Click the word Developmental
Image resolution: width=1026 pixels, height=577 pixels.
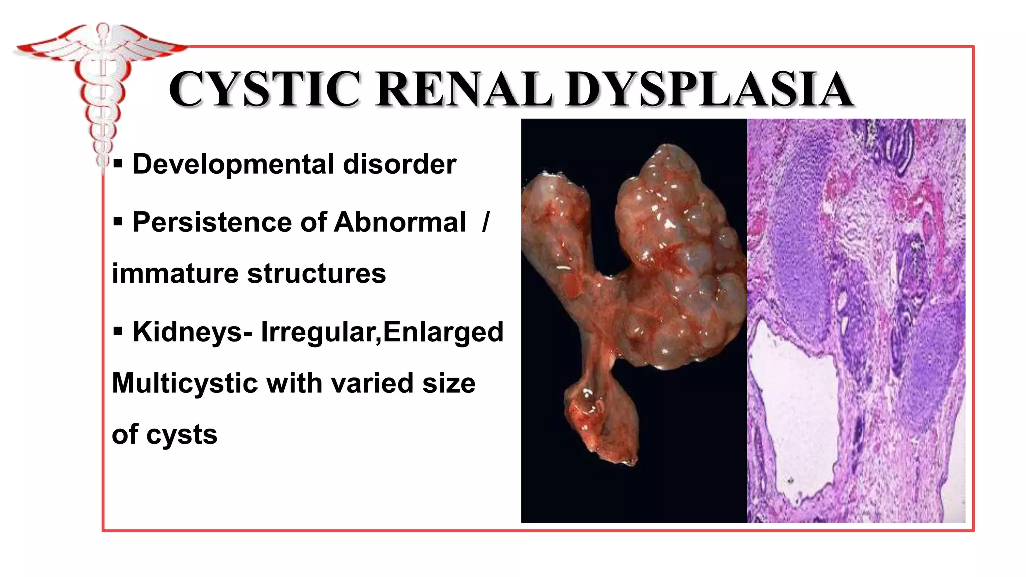[233, 164]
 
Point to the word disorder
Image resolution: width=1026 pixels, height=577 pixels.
[399, 164]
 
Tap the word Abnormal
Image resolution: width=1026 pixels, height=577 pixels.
[399, 222]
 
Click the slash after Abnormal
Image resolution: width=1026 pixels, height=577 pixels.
[485, 222]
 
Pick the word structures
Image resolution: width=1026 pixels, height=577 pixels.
[317, 274]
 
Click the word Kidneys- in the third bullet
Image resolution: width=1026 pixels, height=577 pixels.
[192, 332]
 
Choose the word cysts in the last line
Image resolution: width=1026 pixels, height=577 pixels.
[182, 435]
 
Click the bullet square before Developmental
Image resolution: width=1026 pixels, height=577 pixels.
[118, 164]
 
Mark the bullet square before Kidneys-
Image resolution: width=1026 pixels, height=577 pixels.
[118, 332]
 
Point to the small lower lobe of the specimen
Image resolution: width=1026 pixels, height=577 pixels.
[601, 421]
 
